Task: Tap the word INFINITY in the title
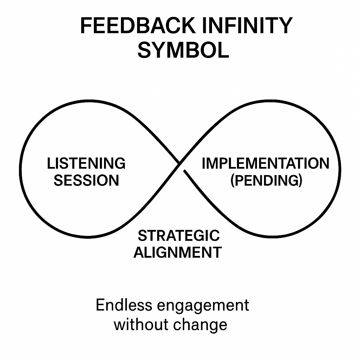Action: [x=252, y=26]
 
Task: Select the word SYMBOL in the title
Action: [x=183, y=50]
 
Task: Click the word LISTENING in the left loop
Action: [x=86, y=163]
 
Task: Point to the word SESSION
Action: [x=86, y=180]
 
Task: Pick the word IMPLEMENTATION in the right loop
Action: [x=265, y=163]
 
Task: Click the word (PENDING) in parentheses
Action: [x=266, y=180]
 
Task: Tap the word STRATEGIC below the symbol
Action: [x=179, y=236]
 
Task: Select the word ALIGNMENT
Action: [x=178, y=252]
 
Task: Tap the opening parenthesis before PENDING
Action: [x=233, y=181]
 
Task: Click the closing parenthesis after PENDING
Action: [x=300, y=181]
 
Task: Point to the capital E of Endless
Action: [x=100, y=305]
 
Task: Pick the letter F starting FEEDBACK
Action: [x=85, y=26]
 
